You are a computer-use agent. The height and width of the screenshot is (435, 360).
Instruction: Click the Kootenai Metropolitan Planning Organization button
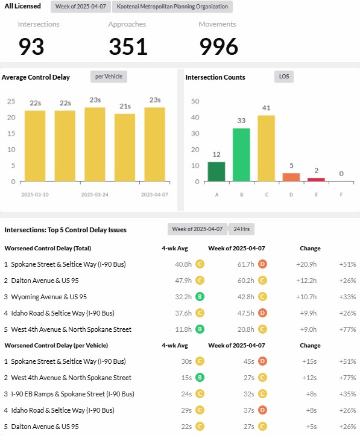pos(172,7)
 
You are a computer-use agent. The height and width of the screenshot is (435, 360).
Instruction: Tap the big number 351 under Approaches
pos(128,46)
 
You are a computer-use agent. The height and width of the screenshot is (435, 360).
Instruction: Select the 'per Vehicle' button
pos(109,77)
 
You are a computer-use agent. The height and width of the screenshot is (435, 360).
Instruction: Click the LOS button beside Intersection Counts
pos(284,77)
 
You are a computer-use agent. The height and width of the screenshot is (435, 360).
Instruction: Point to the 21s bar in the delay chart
pos(125,148)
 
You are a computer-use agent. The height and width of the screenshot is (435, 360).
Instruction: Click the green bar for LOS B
pos(241,155)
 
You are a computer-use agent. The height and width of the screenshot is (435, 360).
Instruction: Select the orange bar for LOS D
pos(291,177)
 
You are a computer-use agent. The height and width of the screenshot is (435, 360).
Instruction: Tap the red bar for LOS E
pos(316,180)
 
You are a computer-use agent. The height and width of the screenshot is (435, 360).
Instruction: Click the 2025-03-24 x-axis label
pos(95,195)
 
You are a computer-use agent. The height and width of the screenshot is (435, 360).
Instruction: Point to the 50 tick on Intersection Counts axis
pos(195,101)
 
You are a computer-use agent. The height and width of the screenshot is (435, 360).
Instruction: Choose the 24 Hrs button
pos(242,229)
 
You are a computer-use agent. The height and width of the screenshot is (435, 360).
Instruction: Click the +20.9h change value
pos(306,264)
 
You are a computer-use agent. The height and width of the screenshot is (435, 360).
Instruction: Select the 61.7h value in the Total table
pos(246,264)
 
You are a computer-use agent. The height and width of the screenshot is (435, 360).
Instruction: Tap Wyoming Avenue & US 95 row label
pos(49,297)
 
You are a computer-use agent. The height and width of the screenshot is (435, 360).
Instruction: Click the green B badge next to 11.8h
pos(200,329)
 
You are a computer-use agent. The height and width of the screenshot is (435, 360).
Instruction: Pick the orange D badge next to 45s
pos(262,361)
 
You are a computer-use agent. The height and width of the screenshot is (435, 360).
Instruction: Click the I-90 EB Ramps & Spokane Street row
pos(73,394)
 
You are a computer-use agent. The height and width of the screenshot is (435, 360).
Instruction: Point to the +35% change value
pos(347,394)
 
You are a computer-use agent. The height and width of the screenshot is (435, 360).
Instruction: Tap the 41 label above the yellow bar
pos(267,108)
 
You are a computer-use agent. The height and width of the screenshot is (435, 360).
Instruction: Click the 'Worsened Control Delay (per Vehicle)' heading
pos(56,345)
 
